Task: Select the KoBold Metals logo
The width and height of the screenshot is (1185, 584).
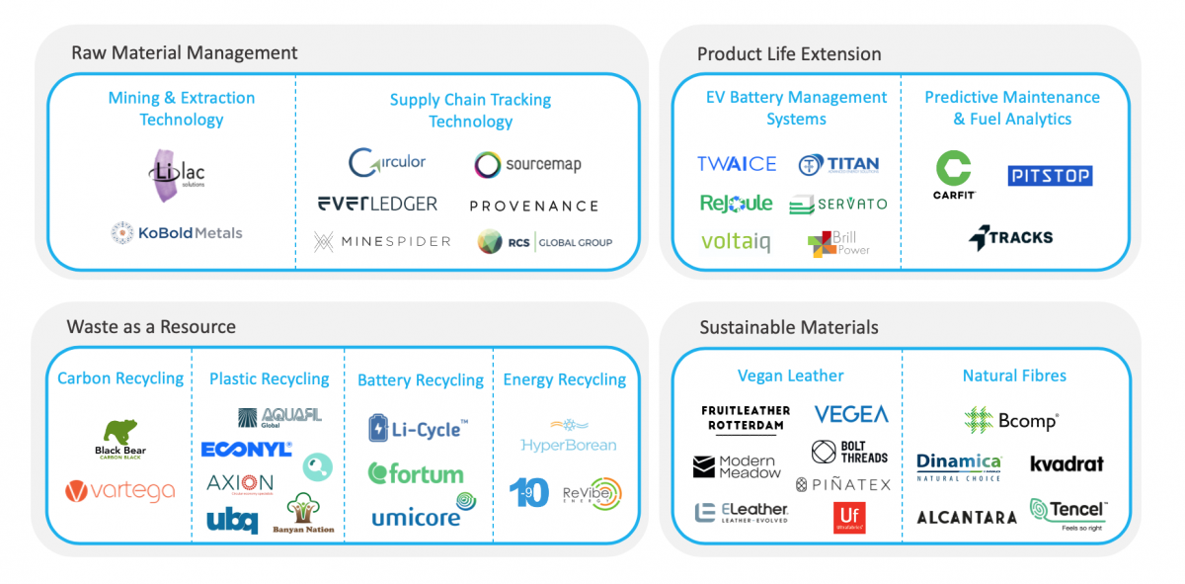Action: pos(177,233)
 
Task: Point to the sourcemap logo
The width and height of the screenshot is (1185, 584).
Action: pos(527,165)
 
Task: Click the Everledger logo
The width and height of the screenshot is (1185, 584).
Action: pos(377,204)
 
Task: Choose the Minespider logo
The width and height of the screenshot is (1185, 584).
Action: pos(381,241)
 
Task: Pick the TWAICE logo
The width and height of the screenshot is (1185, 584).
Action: pos(737,164)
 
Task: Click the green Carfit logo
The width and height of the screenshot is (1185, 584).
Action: pos(953,175)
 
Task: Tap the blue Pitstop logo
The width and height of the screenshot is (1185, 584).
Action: pos(1050,176)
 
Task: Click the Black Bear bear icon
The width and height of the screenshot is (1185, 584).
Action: pos(120,432)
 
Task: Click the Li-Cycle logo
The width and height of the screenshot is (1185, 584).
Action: pos(417,429)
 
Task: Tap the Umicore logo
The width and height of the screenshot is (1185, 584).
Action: pos(423,514)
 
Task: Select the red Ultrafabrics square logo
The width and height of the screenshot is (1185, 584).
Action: pos(848,517)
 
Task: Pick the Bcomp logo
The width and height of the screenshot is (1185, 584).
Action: pos(1011,421)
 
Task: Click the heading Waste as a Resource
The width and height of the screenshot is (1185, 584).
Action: pos(151,327)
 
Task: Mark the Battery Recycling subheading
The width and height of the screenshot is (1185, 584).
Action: pos(421,380)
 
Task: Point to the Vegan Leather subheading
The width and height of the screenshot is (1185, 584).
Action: pos(790,375)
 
